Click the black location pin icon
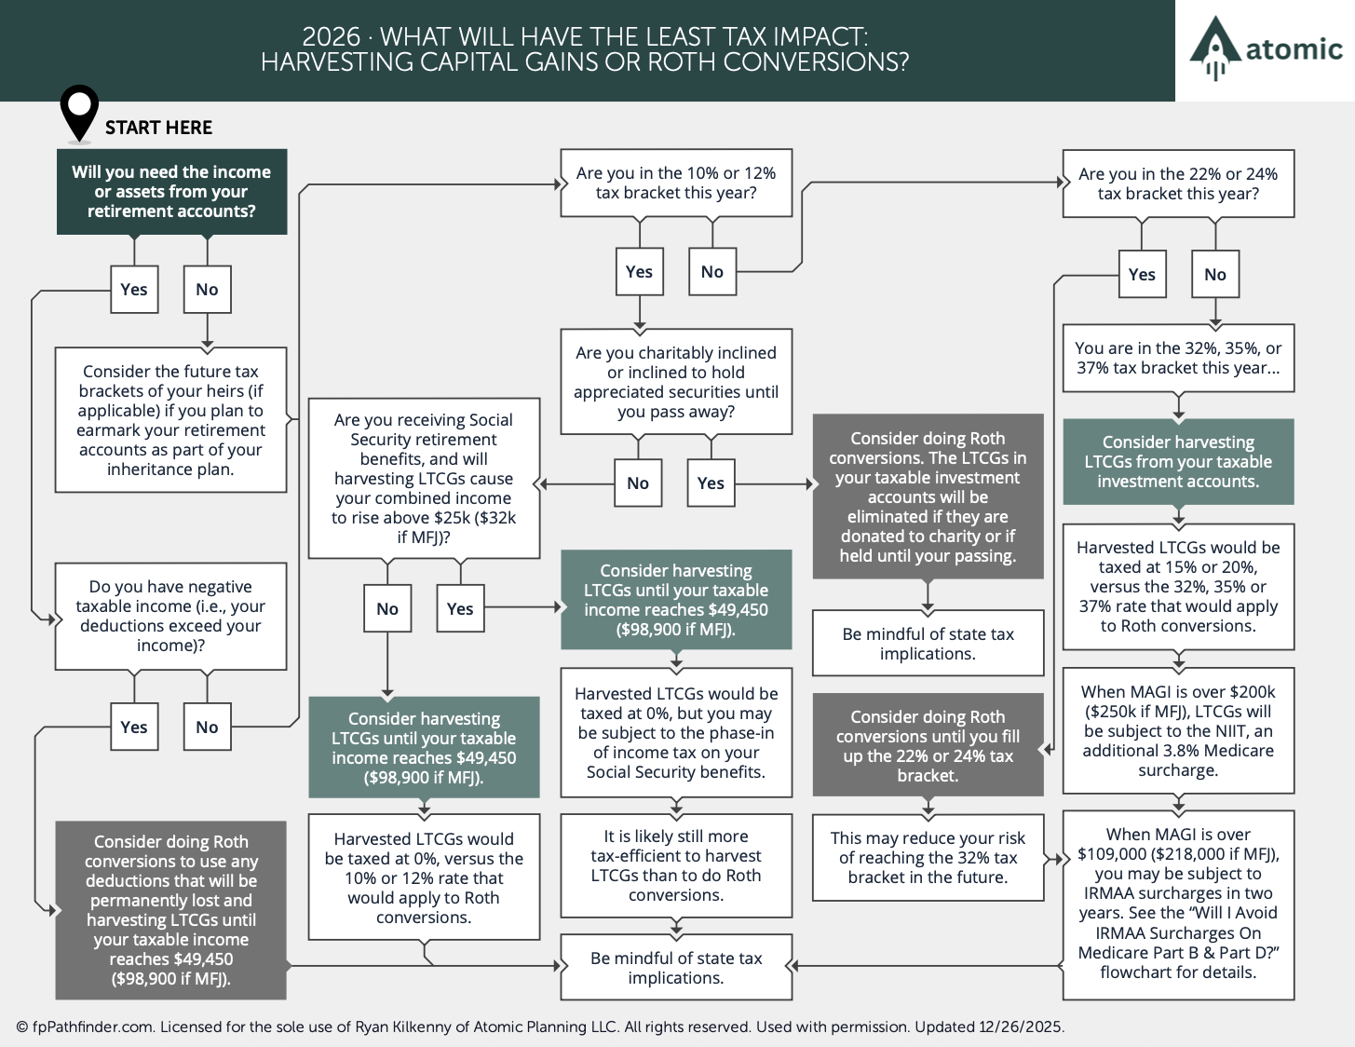point(79,113)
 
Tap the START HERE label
point(158,128)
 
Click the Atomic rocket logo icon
point(1214,48)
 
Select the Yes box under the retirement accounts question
point(134,290)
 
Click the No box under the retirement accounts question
point(207,290)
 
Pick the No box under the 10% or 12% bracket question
point(712,272)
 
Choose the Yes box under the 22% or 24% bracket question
point(1142,275)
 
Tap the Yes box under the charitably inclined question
point(711,483)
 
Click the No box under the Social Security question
point(387,608)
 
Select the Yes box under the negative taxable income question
point(134,727)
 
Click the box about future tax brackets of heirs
point(170,420)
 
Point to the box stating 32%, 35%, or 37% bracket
point(1179,358)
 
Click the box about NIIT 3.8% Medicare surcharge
point(1179,731)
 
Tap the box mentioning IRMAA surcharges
point(1179,904)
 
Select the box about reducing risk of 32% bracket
point(928,857)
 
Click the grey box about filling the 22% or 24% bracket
point(928,746)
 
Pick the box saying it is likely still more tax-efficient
point(676,865)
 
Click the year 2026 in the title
point(332,36)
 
